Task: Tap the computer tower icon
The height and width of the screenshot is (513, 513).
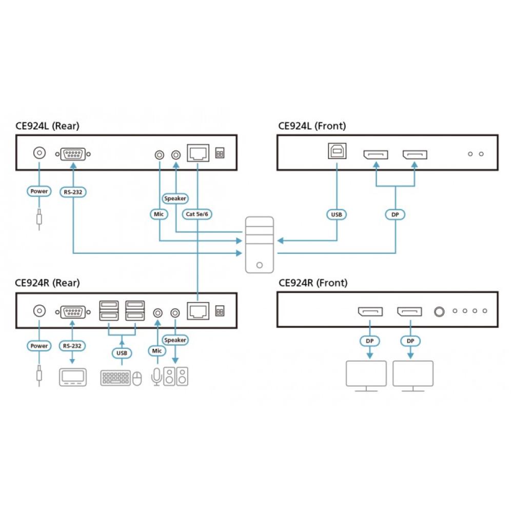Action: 259,244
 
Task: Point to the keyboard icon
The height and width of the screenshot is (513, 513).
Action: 115,378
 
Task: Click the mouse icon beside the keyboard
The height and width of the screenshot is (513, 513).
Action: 136,379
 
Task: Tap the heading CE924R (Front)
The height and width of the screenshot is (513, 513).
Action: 312,283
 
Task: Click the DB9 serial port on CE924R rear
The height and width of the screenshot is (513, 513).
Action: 73,311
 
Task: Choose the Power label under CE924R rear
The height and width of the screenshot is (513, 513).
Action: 39,346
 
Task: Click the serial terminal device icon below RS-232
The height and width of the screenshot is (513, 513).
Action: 73,377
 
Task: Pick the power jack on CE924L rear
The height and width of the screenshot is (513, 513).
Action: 39,153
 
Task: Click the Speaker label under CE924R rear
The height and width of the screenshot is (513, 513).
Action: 175,340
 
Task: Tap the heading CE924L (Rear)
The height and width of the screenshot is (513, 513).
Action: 47,126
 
